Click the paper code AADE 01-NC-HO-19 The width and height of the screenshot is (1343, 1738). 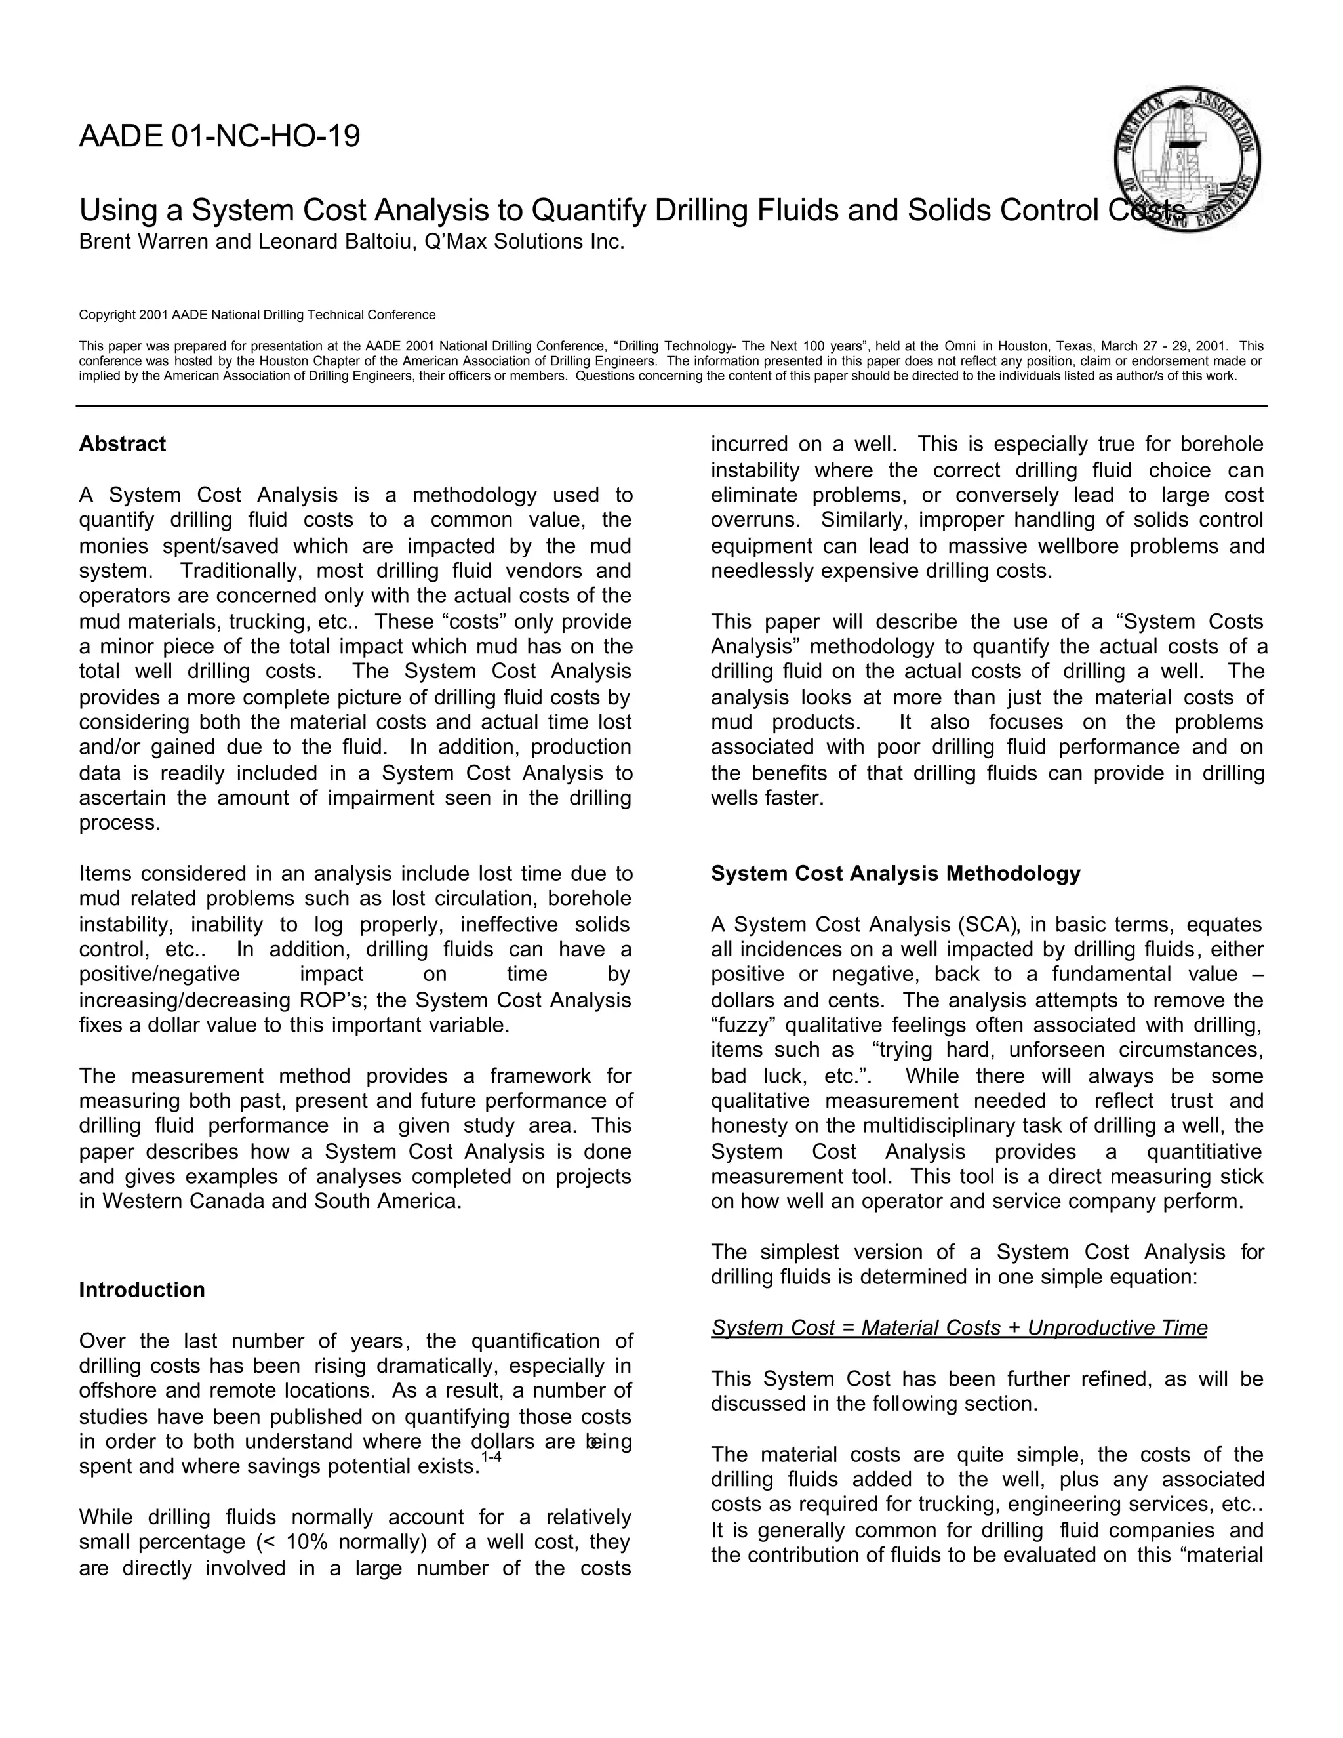click(x=220, y=137)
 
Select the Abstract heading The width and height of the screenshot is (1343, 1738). click(x=123, y=444)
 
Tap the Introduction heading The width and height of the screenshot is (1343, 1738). click(x=142, y=1290)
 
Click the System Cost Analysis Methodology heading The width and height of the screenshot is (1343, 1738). click(x=895, y=874)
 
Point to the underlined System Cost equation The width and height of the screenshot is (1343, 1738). click(x=959, y=1327)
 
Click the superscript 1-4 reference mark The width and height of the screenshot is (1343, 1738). click(x=491, y=1457)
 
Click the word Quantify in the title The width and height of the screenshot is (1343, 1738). click(x=588, y=211)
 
